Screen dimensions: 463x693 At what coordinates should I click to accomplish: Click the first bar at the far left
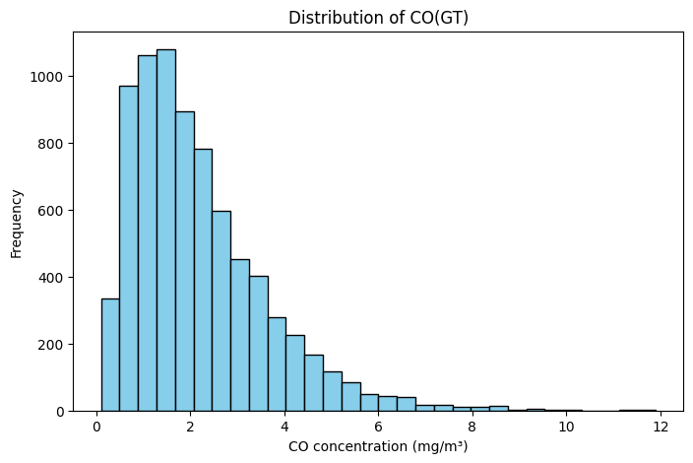[110, 355]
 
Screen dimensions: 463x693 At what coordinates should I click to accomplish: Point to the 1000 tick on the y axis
[52, 77]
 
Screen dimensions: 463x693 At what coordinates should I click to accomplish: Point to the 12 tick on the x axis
[661, 428]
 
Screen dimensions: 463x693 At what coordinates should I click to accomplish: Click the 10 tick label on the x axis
[566, 428]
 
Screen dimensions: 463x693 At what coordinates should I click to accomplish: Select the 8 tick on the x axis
[472, 428]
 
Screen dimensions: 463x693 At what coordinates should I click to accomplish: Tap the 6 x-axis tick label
[379, 428]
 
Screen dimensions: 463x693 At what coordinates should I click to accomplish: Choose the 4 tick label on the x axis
[284, 428]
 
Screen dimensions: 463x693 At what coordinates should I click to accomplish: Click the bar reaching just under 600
[221, 311]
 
